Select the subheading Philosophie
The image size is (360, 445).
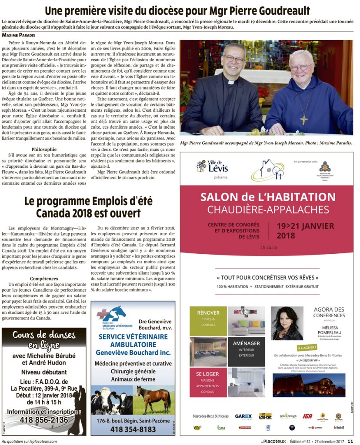pos(44,149)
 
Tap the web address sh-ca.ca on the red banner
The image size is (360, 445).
pos(267,247)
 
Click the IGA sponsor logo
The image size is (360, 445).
pos(307,416)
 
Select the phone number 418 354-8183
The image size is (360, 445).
pos(133,429)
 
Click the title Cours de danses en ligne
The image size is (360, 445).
pos(44,340)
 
